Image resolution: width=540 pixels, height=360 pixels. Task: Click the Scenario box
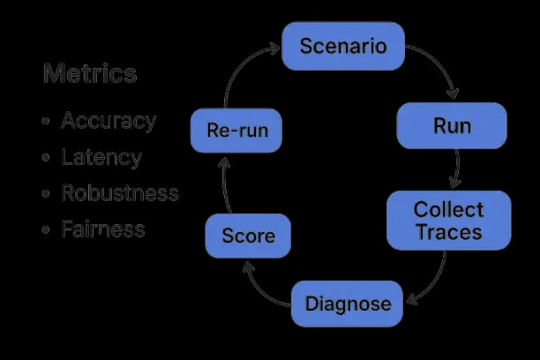click(343, 46)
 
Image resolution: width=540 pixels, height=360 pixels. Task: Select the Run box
click(452, 125)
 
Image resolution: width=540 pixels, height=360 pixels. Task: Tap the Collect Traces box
click(449, 221)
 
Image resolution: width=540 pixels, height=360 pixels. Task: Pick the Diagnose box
click(348, 304)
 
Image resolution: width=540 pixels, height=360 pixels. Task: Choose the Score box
click(248, 236)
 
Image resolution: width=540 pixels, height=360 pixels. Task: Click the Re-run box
click(236, 131)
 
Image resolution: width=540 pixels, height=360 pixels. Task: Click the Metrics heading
click(90, 73)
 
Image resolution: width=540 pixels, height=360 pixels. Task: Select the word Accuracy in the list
click(109, 121)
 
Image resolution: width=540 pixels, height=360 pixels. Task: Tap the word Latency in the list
click(101, 157)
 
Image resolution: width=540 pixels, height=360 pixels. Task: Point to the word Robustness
click(120, 193)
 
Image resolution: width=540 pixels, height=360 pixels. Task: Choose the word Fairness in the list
click(103, 229)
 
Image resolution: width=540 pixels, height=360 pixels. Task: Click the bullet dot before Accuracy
click(45, 122)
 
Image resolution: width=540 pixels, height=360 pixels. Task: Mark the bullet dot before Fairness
click(45, 230)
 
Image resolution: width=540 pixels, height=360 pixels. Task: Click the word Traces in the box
click(449, 233)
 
